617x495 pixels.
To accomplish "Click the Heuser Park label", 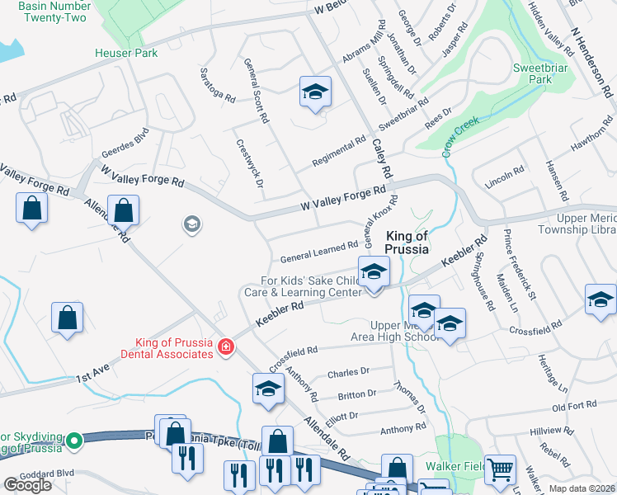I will tap(126, 54).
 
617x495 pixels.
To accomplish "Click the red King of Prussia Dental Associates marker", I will tap(225, 347).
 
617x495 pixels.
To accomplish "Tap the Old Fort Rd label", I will tap(574, 407).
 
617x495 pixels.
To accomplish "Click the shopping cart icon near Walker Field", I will tap(500, 470).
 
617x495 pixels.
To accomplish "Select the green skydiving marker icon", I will tap(75, 441).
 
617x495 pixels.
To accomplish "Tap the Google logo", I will tap(27, 485).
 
